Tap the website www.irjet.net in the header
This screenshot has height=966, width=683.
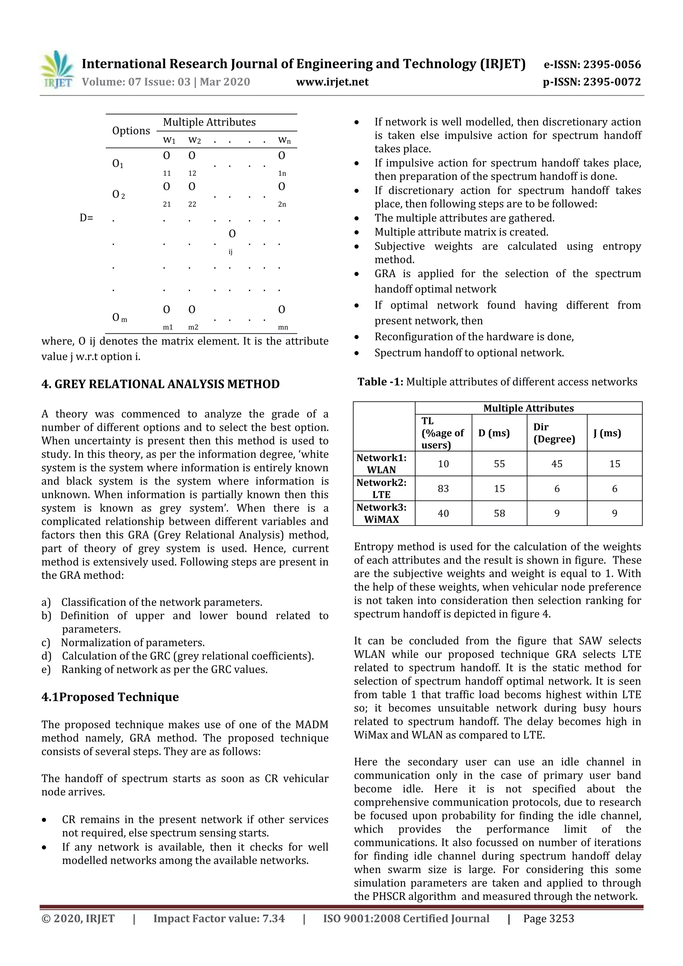(x=332, y=82)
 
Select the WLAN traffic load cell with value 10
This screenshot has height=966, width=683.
(x=443, y=463)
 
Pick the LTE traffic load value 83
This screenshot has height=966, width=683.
(x=443, y=489)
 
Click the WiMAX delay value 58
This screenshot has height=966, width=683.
(x=499, y=513)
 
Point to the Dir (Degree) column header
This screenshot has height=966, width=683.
(x=554, y=433)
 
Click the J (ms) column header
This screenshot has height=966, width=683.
(x=607, y=433)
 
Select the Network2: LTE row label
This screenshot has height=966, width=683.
(x=381, y=489)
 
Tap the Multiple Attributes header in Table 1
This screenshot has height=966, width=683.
(x=528, y=408)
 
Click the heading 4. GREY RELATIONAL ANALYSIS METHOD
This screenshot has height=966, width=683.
(x=160, y=384)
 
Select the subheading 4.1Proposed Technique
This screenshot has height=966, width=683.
(x=110, y=697)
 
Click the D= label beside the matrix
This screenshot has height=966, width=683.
(x=86, y=218)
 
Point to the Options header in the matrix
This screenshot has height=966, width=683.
(x=131, y=131)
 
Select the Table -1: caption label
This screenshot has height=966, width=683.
(x=381, y=382)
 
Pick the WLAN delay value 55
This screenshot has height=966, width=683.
(x=499, y=463)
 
